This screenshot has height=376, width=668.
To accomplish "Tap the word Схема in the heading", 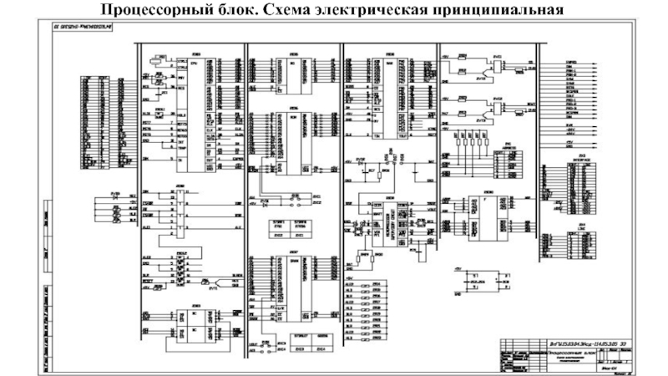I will tap(287, 10).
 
